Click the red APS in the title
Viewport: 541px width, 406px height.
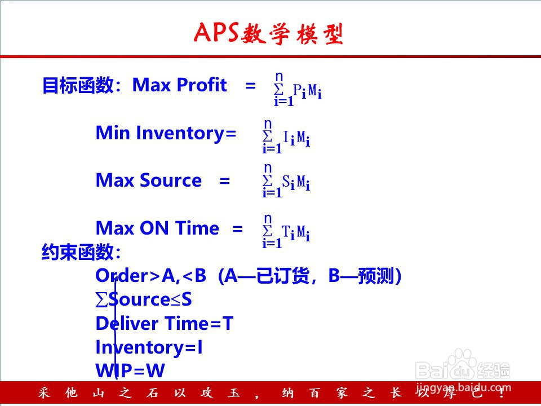tap(216, 33)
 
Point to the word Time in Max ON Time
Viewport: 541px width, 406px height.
tap(197, 228)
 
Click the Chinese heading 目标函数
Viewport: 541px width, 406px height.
tap(78, 85)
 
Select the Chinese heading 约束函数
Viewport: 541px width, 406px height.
tap(78, 251)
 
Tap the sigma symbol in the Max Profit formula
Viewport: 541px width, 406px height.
tap(278, 89)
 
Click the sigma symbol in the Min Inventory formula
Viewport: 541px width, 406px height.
tap(267, 136)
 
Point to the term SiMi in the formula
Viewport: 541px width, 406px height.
tap(296, 182)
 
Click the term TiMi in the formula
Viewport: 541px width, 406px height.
tap(296, 232)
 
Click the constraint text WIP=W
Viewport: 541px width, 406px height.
tap(130, 370)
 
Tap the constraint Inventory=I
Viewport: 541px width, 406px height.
tap(149, 347)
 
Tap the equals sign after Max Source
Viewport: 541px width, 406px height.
tap(225, 181)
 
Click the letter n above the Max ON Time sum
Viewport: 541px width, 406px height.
tap(268, 218)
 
